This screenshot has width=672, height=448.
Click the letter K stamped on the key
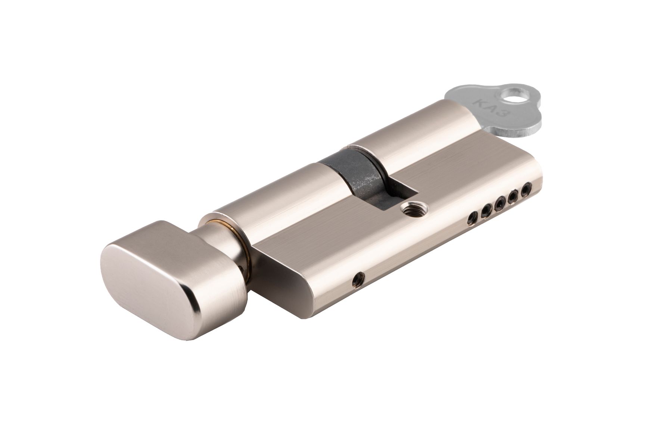pos(477,102)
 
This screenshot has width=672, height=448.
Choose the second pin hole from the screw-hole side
pos(486,211)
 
